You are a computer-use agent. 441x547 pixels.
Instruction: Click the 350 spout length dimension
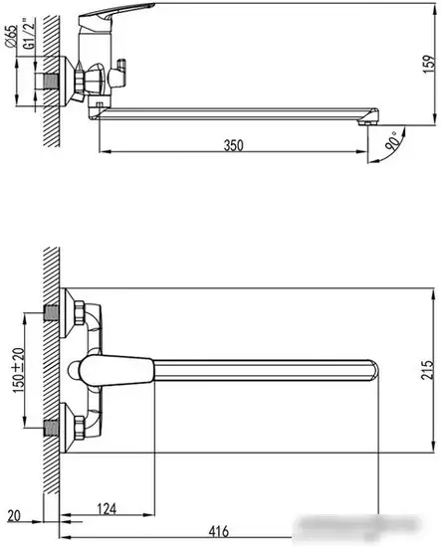pyautogui.click(x=233, y=144)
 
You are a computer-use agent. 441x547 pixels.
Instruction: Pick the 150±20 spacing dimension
pyautogui.click(x=18, y=369)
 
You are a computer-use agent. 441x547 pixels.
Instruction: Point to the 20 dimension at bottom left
pyautogui.click(x=12, y=515)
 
